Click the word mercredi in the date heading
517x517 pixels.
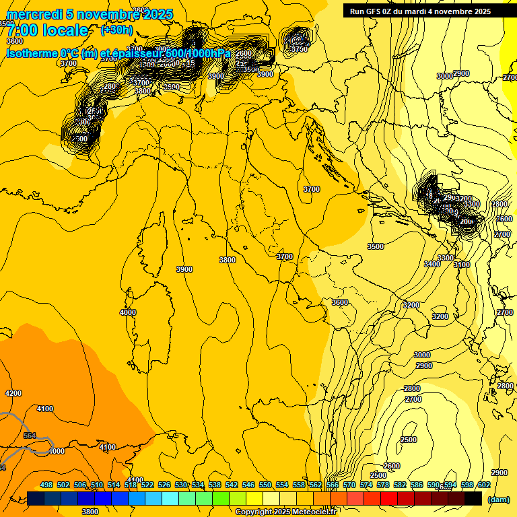click(x=31, y=14)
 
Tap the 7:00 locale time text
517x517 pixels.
click(x=47, y=30)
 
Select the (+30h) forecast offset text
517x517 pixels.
click(x=116, y=30)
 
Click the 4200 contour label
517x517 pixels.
click(x=13, y=393)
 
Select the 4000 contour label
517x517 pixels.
click(x=127, y=312)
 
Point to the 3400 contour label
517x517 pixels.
click(x=432, y=264)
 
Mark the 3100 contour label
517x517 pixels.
click(x=462, y=265)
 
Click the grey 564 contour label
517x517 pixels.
click(x=30, y=436)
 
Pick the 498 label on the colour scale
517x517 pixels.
click(x=46, y=485)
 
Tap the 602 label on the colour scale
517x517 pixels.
click(x=484, y=485)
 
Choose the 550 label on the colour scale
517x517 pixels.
click(x=265, y=485)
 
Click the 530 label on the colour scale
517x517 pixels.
click(x=181, y=485)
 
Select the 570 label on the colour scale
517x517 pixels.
click(x=349, y=485)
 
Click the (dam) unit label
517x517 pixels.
click(x=498, y=499)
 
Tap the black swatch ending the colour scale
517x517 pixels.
click(x=473, y=498)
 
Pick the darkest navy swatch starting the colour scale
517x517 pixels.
click(x=36, y=498)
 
